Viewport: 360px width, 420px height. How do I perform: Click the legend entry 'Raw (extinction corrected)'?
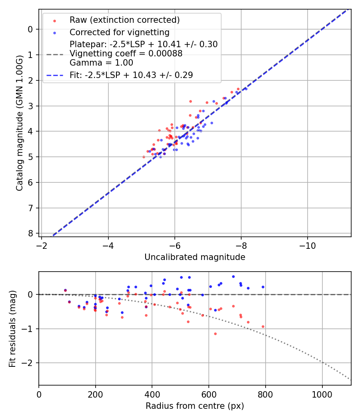coord(124,20)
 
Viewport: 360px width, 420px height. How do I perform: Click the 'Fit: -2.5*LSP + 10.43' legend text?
coord(131,75)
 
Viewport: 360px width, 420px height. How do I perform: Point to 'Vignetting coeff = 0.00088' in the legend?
coord(126,54)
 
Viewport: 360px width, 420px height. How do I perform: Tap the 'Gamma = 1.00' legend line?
coord(101,63)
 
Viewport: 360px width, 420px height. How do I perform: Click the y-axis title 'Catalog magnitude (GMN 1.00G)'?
coord(20,123)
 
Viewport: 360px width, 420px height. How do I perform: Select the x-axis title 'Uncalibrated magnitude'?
coord(195,257)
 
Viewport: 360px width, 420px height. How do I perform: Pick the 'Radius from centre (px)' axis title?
coord(195,406)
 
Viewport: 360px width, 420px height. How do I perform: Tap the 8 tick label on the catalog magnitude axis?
coord(32,233)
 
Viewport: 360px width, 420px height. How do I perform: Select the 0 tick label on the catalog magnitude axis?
coord(32,29)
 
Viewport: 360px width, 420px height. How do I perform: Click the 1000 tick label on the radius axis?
coord(322,394)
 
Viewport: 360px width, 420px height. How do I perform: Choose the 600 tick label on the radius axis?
coord(209,394)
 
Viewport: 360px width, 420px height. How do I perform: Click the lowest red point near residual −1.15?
coord(215,334)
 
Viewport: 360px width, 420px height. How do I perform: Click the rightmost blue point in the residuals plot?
coord(263,287)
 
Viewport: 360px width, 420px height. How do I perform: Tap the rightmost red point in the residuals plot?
coord(263,326)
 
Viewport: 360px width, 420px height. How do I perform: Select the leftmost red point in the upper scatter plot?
coord(144,157)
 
